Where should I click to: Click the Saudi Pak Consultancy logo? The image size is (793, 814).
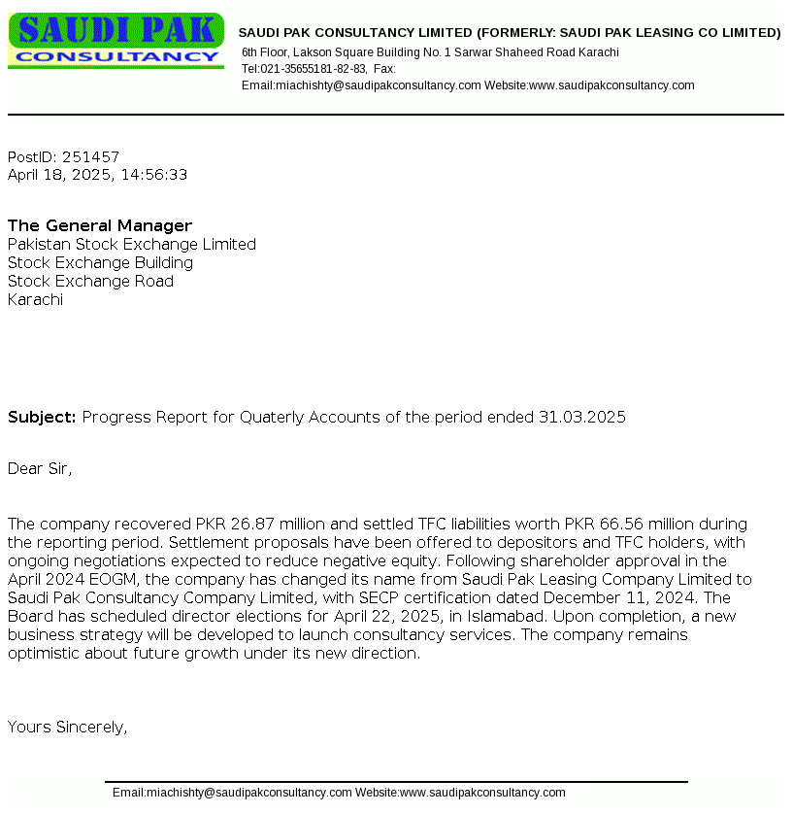[x=116, y=41]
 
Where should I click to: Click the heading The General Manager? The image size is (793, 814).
[x=100, y=226]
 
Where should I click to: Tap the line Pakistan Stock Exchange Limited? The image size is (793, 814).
[x=132, y=245]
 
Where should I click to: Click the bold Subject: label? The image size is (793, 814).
[x=42, y=418]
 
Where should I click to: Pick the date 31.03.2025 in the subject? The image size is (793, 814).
[x=582, y=418]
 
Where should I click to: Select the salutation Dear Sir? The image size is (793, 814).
[x=40, y=469]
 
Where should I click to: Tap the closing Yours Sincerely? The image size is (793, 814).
[x=68, y=728]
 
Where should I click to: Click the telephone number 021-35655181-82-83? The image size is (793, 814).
[x=314, y=69]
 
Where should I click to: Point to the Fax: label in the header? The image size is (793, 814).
[x=384, y=69]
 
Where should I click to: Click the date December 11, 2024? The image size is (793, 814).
[x=627, y=598]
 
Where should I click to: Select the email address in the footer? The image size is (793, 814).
[x=249, y=793]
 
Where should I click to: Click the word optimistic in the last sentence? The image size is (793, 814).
[x=45, y=654]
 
